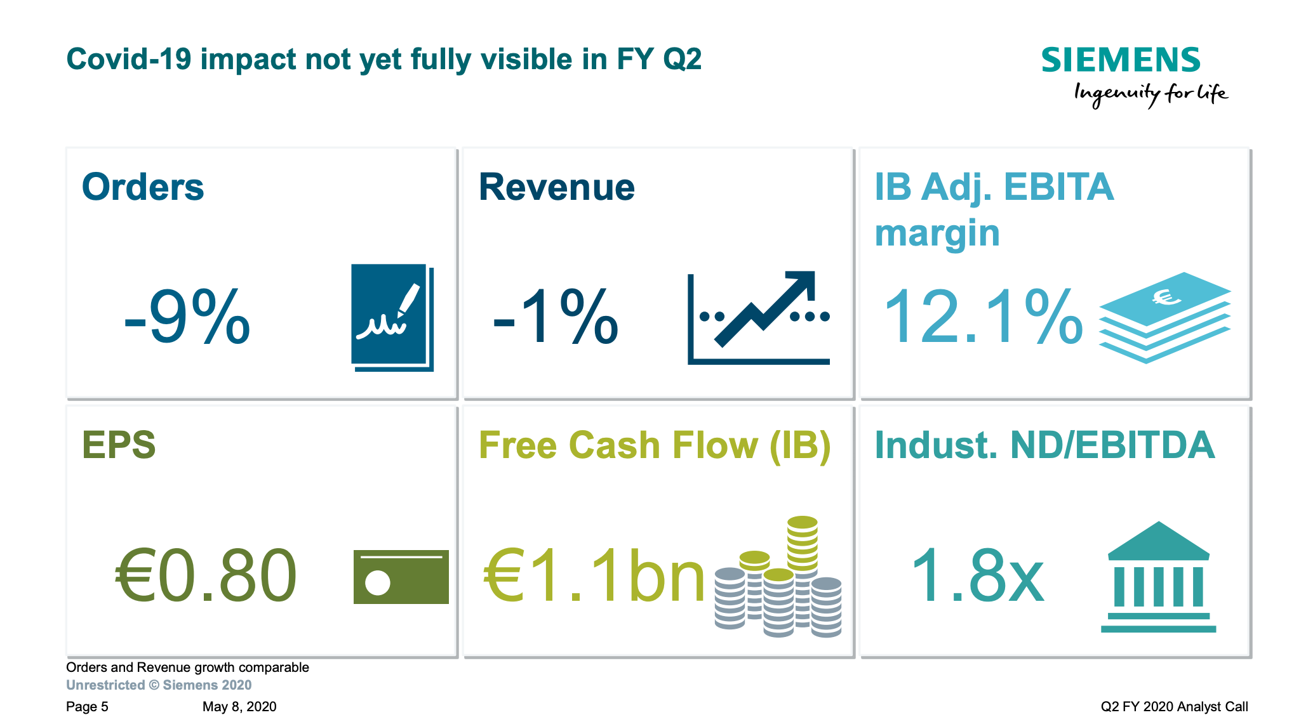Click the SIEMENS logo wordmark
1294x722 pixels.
1121,60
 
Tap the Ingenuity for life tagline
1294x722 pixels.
1151,94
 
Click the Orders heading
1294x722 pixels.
143,187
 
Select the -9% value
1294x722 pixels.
187,317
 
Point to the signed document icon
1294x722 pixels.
391,317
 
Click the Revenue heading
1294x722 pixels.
557,187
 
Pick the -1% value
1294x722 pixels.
556,317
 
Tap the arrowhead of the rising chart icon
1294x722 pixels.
803,283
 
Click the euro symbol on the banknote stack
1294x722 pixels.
1166,297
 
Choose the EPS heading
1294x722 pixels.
119,445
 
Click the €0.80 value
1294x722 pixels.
206,576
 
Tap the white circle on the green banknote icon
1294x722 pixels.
378,582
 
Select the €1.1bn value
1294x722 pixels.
594,576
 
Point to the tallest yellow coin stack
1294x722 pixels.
803,542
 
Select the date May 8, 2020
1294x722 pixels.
239,707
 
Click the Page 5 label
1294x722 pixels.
87,707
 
